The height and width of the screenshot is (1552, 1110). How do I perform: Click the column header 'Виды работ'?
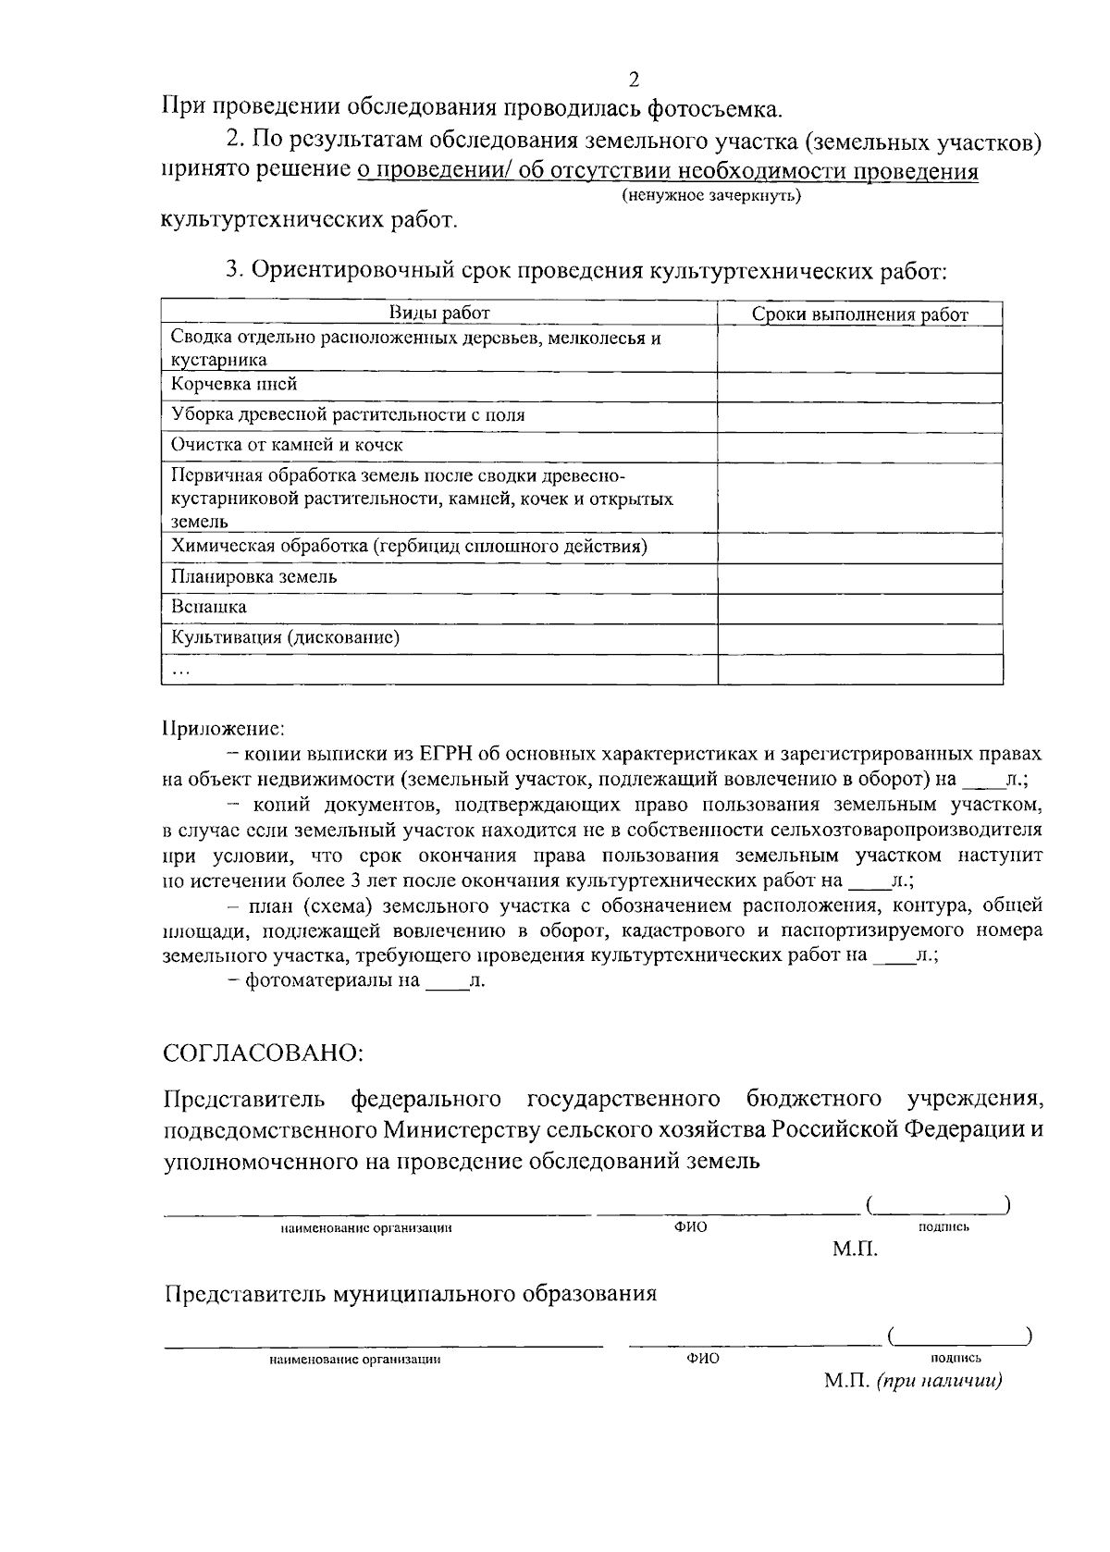pyautogui.click(x=439, y=314)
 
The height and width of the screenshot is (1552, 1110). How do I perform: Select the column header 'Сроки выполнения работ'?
pyautogui.click(x=859, y=315)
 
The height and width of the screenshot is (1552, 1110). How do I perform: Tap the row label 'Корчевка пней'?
pyautogui.click(x=234, y=384)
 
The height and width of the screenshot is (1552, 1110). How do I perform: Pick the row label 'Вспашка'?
pyautogui.click(x=208, y=608)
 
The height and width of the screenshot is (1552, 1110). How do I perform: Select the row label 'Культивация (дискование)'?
pyautogui.click(x=286, y=638)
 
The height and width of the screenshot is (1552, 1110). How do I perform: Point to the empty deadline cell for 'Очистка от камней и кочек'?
pyautogui.click(x=859, y=446)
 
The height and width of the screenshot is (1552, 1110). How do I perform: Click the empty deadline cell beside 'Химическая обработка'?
pyautogui.click(x=859, y=548)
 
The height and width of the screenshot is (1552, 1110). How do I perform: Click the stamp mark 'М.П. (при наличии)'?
pyautogui.click(x=913, y=1381)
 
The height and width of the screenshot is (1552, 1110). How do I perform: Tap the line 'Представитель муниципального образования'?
pyautogui.click(x=411, y=1293)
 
